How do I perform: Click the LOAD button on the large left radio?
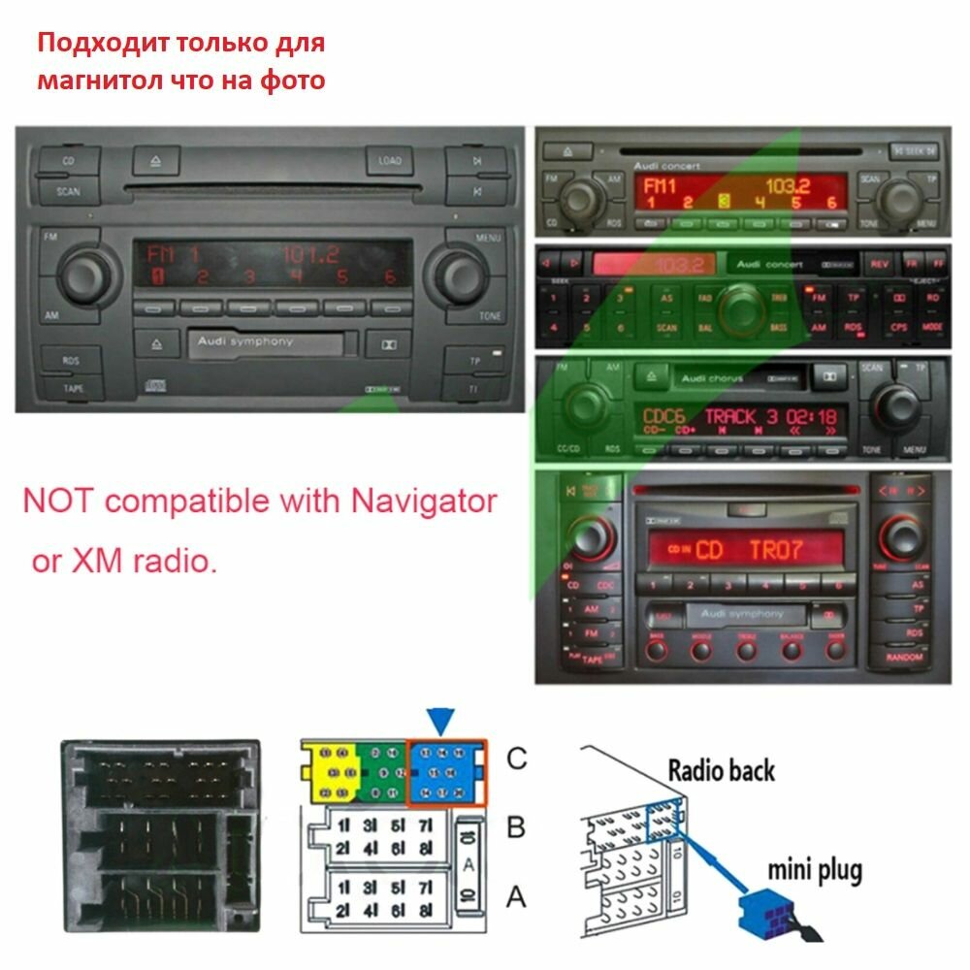point(390,160)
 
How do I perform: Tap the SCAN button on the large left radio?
point(68,191)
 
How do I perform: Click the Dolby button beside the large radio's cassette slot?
point(386,343)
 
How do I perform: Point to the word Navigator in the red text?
point(423,501)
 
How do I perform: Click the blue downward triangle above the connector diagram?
point(441,721)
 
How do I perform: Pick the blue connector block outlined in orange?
point(445,773)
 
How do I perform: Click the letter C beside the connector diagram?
point(517,758)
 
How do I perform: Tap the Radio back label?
point(722,770)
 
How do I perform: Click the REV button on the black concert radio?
point(880,263)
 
